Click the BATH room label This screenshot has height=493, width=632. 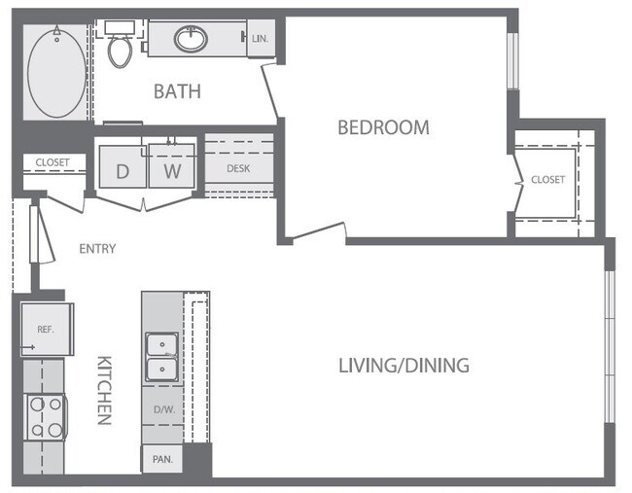tap(177, 91)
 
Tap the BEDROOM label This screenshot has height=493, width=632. tap(383, 127)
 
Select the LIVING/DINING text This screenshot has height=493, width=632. tap(404, 366)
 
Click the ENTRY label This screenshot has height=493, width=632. tap(97, 249)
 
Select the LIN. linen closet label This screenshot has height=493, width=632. tap(260, 40)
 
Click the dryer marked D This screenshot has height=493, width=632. tap(123, 171)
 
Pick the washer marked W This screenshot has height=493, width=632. tap(172, 171)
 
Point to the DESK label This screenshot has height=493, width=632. tap(239, 167)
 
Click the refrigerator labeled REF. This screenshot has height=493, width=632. tap(45, 330)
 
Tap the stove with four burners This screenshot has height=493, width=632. tap(44, 417)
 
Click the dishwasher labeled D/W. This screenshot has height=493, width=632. tap(161, 409)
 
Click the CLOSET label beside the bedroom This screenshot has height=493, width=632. tap(547, 180)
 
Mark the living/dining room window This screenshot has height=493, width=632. tap(610, 345)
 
